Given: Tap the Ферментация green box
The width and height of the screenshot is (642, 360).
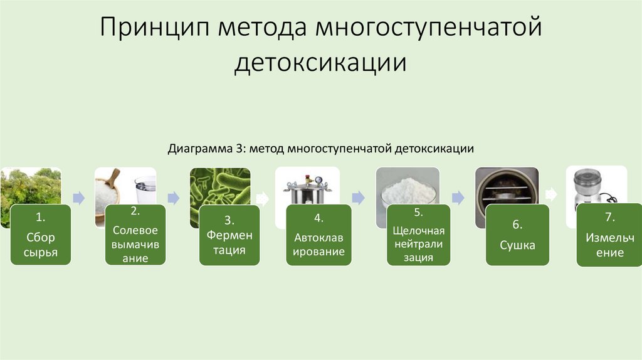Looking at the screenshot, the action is [x=229, y=235].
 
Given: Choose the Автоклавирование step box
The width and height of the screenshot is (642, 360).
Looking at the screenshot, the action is [x=318, y=235].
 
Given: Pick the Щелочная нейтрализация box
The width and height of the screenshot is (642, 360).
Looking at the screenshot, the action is [x=418, y=235].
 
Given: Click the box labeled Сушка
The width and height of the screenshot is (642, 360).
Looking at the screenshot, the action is [x=518, y=235].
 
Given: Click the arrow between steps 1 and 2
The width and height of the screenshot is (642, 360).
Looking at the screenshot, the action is [x=79, y=198].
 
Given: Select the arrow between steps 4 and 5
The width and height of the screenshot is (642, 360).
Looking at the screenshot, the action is [x=358, y=198].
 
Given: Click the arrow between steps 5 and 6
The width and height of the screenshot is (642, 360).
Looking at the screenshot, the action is [x=458, y=198].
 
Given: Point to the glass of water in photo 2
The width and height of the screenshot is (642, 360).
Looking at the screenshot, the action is [x=145, y=186].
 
